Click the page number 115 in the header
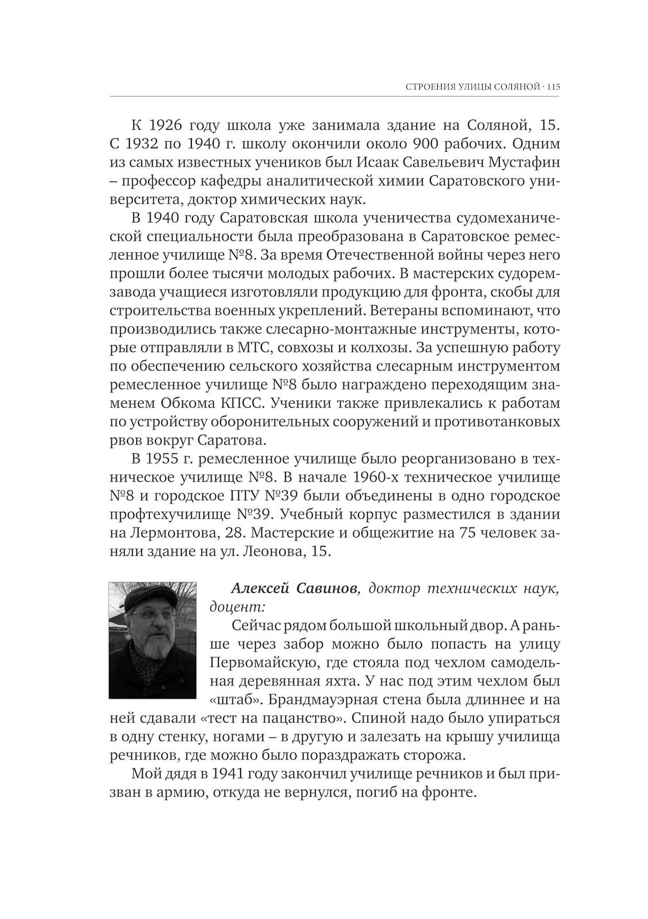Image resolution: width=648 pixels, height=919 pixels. [x=553, y=87]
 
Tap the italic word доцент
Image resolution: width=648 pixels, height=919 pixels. [x=237, y=608]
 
